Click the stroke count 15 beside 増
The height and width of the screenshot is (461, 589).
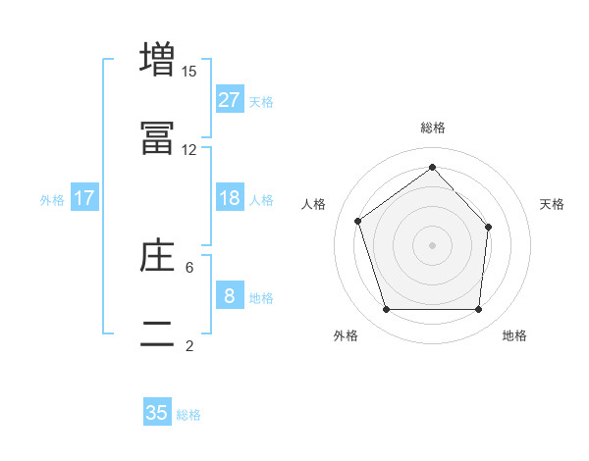(x=189, y=71)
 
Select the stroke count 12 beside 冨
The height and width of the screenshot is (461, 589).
(x=189, y=149)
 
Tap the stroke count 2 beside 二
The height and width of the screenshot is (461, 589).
(x=189, y=345)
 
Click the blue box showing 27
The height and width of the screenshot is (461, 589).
(x=230, y=100)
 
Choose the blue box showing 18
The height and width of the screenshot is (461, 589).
(x=230, y=198)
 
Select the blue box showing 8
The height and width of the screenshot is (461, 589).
(x=230, y=296)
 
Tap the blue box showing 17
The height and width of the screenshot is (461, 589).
(x=84, y=198)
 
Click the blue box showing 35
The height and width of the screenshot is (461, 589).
(x=157, y=413)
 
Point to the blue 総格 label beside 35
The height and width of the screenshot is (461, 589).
(x=188, y=415)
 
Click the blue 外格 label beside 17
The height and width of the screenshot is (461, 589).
(x=52, y=199)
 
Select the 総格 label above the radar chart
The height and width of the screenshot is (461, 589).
(x=433, y=128)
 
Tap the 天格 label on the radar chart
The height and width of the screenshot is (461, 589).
(x=553, y=204)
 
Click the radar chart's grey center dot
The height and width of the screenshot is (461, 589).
(x=433, y=244)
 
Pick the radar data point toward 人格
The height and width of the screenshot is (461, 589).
(x=359, y=221)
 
